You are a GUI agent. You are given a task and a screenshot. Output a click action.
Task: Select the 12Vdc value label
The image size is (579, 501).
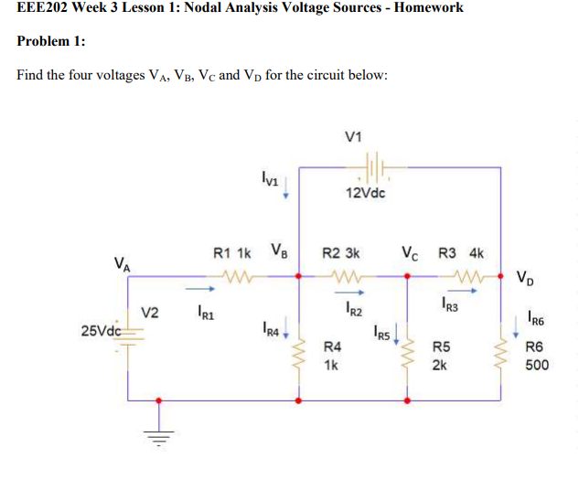coord(366,193)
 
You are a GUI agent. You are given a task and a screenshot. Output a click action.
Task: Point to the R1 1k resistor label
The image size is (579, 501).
coord(231,251)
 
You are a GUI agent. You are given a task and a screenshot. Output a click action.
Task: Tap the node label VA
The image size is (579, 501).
coord(122,265)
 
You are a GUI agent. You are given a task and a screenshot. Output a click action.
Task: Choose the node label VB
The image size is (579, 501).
coord(279,250)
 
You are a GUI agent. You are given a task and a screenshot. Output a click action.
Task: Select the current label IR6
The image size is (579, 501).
coord(536,319)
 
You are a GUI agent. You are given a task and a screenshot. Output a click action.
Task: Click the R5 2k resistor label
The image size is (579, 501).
coord(440,356)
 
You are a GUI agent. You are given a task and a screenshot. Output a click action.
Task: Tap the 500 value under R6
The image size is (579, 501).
coord(537,364)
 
